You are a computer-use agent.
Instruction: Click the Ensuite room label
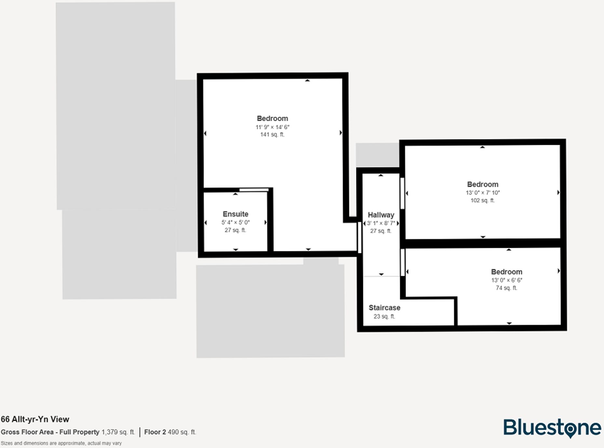pos(235,214)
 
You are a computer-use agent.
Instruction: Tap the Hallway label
pos(381,215)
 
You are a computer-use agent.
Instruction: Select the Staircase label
pos(384,308)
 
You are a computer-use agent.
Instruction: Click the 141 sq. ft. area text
pos(272,134)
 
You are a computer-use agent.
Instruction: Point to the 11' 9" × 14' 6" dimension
pos(272,127)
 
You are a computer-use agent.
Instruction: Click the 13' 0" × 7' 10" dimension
pos(483,192)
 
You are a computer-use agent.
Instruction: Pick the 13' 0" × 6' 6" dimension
pos(507,280)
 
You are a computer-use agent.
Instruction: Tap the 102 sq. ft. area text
pos(483,200)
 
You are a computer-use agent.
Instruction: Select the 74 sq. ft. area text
pos(506,288)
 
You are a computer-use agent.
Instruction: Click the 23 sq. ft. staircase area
pos(384,316)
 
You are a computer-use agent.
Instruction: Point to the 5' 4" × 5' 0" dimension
pos(235,222)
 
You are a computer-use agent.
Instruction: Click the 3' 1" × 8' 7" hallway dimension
pos(381,223)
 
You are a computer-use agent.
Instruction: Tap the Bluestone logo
pos(552,428)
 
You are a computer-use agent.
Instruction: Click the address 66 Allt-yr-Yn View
pos(35,419)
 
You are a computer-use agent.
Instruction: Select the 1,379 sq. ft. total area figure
pos(118,432)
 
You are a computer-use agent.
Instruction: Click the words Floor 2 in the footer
pos(155,432)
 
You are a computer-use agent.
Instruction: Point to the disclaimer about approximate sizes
pos(61,443)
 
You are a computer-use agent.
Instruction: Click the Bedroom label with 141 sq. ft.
pos(272,119)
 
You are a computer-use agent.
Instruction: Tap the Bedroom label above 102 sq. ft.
pos(483,184)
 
